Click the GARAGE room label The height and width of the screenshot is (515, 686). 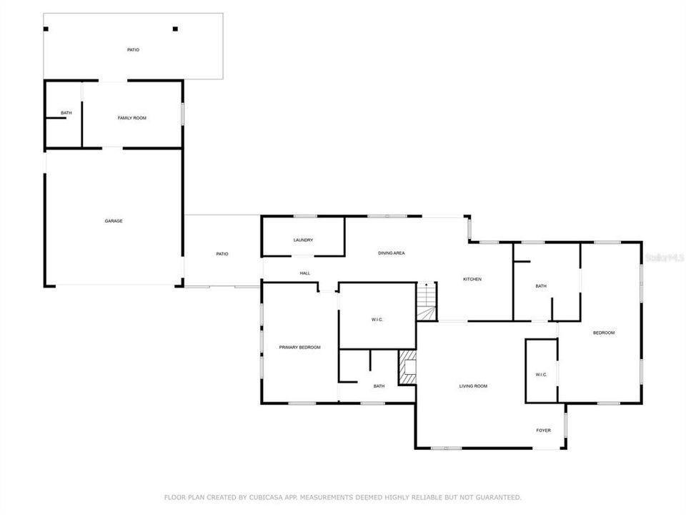(114, 221)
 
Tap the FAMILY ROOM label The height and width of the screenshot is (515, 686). (131, 117)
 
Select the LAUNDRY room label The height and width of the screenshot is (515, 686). (303, 240)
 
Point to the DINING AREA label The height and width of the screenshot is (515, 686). (392, 253)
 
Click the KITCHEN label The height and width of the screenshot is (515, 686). (472, 279)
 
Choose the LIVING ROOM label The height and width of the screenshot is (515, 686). (472, 386)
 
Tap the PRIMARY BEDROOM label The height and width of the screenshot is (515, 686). (299, 348)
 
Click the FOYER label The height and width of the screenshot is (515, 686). (544, 431)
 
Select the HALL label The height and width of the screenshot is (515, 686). (305, 273)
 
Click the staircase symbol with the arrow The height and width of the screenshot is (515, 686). (426, 301)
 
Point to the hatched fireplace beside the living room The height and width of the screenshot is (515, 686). (407, 366)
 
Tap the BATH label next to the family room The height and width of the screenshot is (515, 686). (66, 113)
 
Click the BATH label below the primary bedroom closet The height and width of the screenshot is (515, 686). (379, 386)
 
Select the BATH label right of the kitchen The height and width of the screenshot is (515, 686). (541, 286)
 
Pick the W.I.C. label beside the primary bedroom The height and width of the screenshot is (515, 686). (378, 320)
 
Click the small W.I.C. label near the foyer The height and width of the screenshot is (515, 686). (541, 375)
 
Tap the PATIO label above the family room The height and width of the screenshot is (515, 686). (133, 50)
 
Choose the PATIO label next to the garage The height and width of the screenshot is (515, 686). (222, 254)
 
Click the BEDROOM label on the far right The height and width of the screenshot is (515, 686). (603, 333)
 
